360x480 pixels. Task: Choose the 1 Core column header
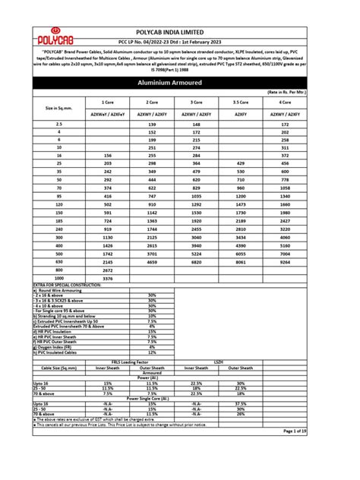[107, 101]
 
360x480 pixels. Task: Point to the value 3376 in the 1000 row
[107, 278]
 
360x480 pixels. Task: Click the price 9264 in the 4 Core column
[306, 261]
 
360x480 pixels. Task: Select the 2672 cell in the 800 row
[107, 270]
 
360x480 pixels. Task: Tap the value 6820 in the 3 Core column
[218, 261]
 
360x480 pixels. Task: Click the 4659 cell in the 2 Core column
[153, 261]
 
